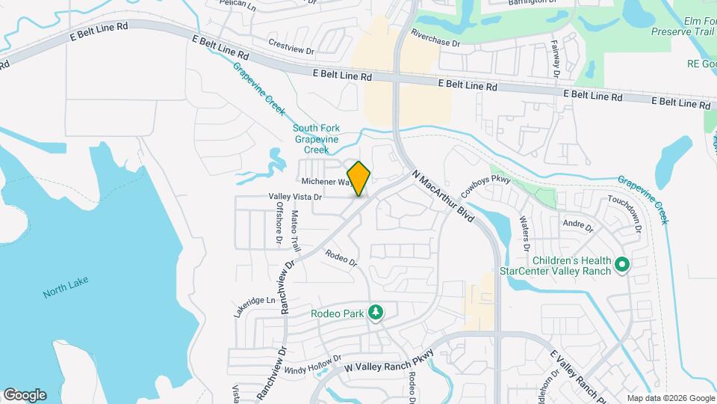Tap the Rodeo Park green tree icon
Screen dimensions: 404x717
[376, 312]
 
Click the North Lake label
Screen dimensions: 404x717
[66, 287]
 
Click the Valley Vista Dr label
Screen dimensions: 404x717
[295, 197]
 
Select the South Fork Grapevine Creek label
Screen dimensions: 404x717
[316, 138]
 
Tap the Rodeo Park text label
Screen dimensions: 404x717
[338, 313]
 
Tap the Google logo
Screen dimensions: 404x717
[25, 394]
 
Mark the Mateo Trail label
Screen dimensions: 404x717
[295, 230]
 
